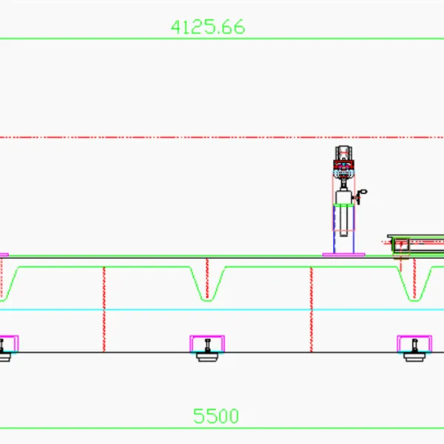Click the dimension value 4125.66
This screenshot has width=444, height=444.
click(x=208, y=27)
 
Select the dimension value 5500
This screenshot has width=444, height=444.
click(x=216, y=416)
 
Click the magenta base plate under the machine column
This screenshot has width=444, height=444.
click(x=343, y=255)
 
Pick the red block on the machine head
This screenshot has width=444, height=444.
click(x=343, y=164)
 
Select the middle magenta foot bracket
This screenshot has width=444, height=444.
click(x=207, y=343)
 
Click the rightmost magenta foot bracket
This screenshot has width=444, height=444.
click(x=414, y=343)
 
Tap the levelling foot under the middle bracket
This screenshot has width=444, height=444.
click(x=207, y=355)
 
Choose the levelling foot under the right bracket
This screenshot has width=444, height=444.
click(x=414, y=355)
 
